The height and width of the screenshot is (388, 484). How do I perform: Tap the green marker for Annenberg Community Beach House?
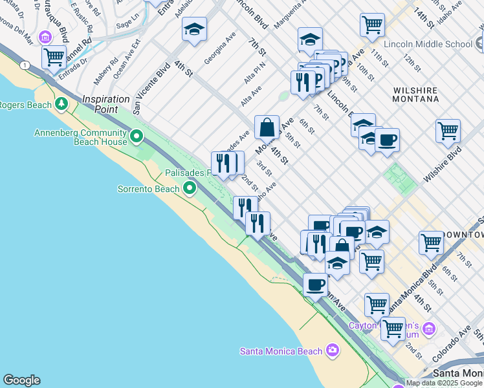coord(137,136)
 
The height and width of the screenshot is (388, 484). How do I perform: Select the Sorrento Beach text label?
coord(148,189)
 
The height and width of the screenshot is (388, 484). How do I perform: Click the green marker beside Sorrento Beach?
coord(190,188)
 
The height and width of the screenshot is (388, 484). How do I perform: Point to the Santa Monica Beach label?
coord(281,351)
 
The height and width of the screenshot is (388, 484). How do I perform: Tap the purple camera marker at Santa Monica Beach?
coord(333,350)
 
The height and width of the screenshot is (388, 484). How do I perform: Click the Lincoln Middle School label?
coord(428,44)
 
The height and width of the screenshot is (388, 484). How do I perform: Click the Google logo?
coord(21,380)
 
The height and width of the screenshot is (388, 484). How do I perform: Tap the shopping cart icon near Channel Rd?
coord(54,56)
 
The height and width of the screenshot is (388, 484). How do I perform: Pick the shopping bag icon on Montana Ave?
coord(267,127)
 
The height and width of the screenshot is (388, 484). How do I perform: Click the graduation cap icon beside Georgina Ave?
coord(194,30)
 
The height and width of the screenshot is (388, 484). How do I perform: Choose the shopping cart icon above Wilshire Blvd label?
coord(448,131)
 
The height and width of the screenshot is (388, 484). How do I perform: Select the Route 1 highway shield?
coord(25,65)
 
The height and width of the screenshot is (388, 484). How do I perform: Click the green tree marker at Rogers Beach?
coord(61,103)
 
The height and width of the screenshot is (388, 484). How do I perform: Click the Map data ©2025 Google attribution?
coord(443,383)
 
